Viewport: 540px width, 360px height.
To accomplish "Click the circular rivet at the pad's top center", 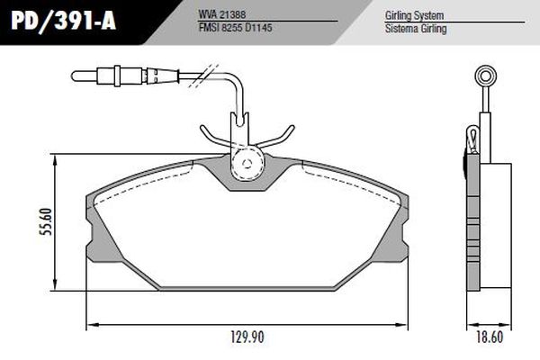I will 244,163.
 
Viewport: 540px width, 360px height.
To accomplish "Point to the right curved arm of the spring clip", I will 279,135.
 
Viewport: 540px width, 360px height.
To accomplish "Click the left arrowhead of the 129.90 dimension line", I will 89,323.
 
